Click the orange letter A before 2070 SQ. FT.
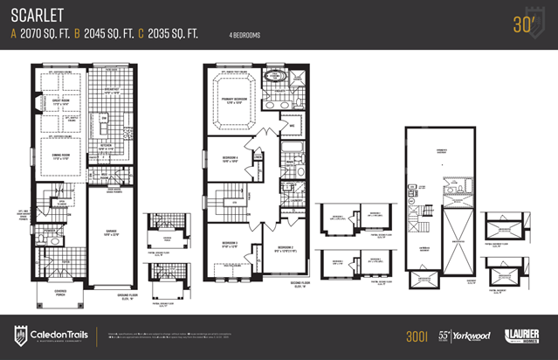[14, 34]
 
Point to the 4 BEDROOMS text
[244, 35]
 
